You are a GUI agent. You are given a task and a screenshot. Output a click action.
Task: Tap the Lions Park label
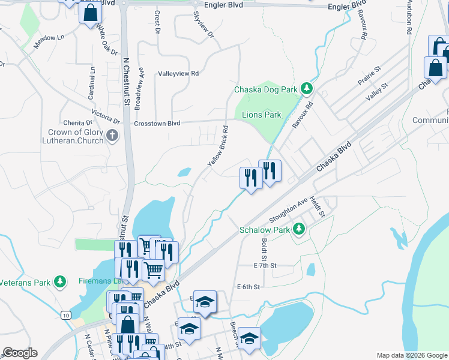[x=261, y=115]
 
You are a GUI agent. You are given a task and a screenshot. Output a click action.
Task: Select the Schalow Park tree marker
[x=298, y=229]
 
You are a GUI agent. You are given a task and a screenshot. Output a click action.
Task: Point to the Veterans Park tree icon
[x=59, y=281]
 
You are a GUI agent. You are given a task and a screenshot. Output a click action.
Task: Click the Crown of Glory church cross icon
[x=112, y=136]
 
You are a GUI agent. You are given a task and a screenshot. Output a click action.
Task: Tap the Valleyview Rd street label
[x=178, y=73]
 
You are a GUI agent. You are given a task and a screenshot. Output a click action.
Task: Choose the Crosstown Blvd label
[x=157, y=122]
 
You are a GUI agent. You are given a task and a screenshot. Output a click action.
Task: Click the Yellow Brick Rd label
[x=217, y=146]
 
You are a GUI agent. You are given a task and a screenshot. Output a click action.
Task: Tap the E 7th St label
[x=265, y=265]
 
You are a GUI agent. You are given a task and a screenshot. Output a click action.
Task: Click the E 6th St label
[x=248, y=287]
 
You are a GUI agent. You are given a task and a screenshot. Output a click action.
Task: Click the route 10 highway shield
[x=65, y=315]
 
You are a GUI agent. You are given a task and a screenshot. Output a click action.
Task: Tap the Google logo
[x=20, y=353]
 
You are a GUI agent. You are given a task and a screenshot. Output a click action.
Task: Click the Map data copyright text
[x=411, y=355]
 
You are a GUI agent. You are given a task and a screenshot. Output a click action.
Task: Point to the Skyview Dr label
[x=203, y=25]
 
